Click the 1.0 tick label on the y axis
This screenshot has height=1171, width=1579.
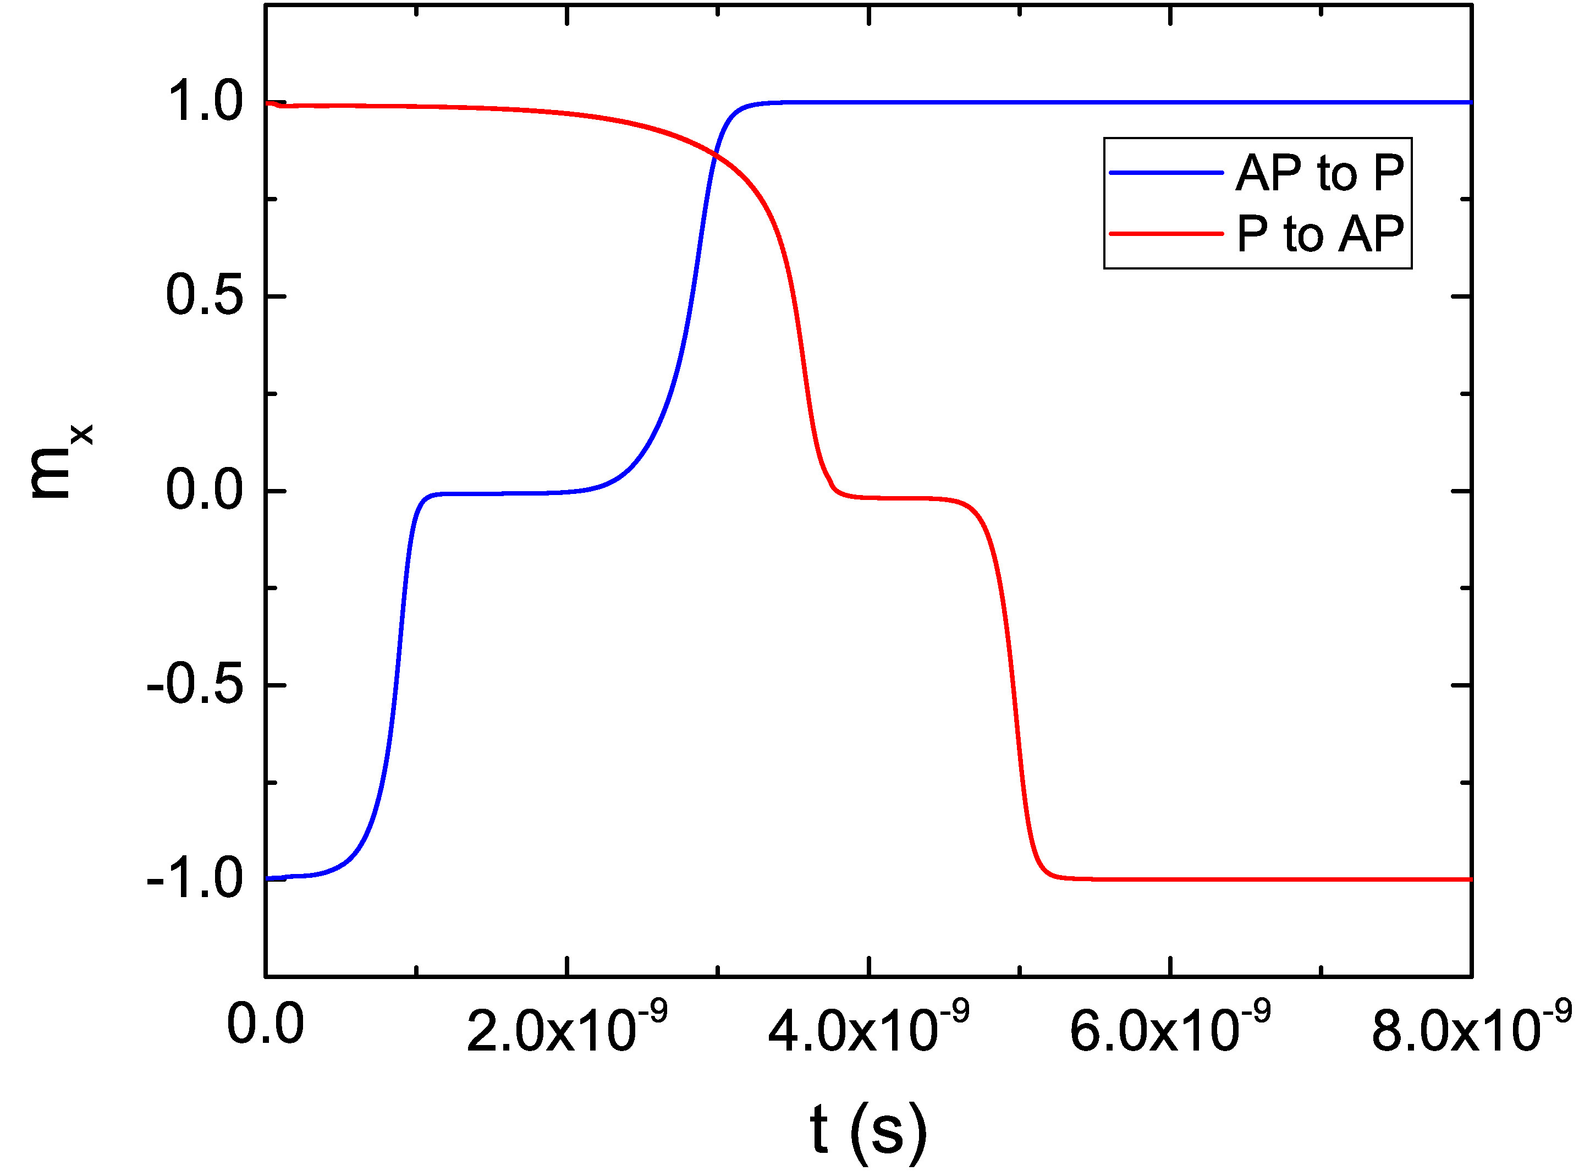204,101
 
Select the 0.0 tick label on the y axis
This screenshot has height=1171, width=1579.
204,491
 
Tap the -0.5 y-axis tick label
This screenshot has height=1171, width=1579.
195,685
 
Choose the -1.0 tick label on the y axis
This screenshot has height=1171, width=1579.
195,879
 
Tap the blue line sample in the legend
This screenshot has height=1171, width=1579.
1166,172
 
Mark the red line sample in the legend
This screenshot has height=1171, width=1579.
1166,233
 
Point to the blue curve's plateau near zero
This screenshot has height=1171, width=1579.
510,493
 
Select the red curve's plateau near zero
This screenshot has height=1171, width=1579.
900,498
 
